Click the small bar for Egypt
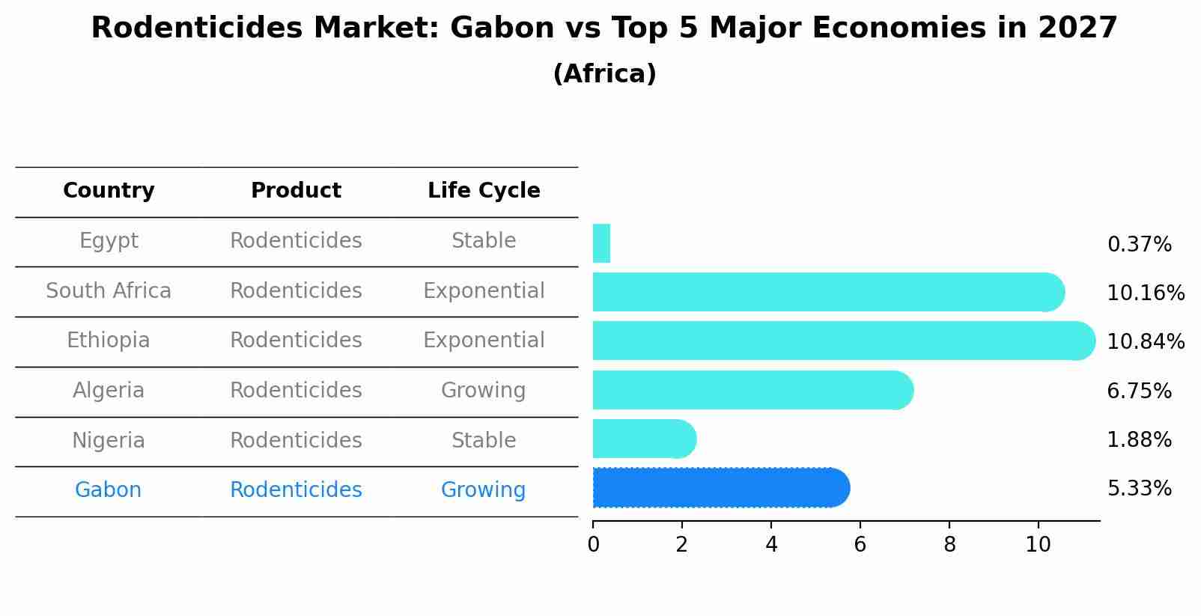601,243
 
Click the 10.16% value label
1145,293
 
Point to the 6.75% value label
1139,391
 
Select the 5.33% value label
1139,489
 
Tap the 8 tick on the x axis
949,545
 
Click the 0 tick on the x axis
593,545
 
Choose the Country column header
109,191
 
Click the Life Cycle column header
484,191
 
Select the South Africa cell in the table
109,290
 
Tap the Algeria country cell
109,390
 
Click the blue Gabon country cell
108,490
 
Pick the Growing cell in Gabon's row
483,490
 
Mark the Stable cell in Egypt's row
484,241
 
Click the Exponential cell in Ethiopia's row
484,341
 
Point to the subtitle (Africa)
604,74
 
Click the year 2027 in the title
1077,28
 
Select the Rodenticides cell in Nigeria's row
296,440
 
